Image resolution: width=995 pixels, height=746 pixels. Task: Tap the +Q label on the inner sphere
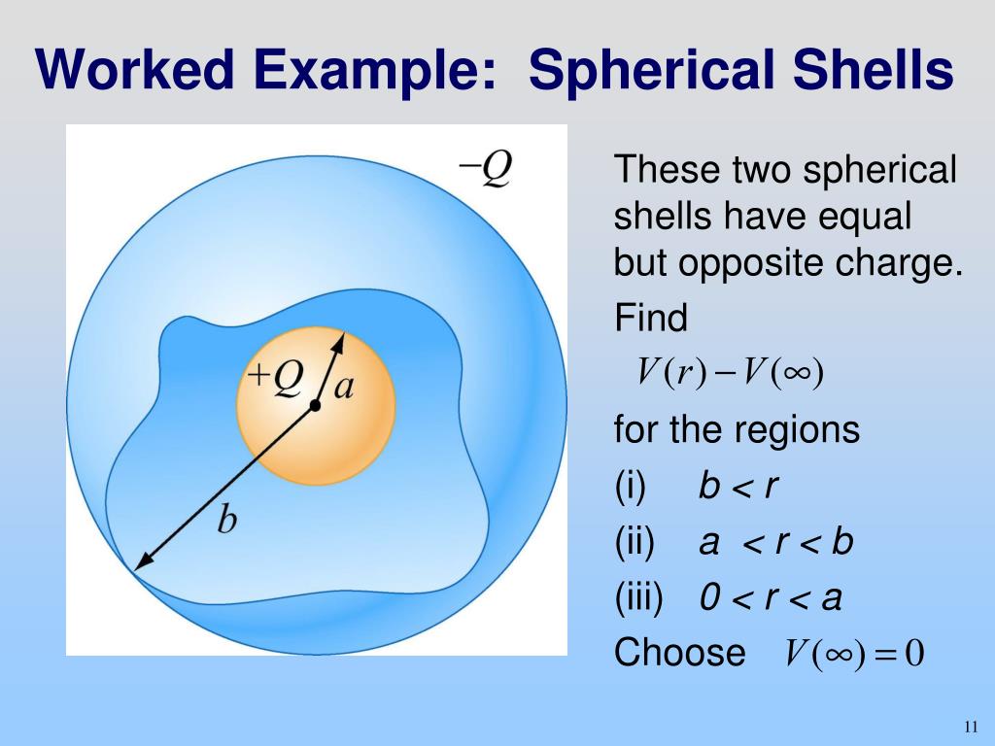pos(274,377)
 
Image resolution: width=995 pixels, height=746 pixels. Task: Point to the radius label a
pos(344,388)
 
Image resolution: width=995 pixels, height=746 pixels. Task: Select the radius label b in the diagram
pos(226,522)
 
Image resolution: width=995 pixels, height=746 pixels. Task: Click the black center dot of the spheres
pos(315,405)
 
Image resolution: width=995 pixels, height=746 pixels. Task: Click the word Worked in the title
pos(132,72)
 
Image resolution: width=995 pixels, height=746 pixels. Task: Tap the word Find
pos(650,318)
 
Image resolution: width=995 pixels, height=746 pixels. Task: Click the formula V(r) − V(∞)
pos(730,371)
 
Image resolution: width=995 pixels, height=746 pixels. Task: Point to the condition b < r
pos(738,486)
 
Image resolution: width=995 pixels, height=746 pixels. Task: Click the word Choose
pos(679,653)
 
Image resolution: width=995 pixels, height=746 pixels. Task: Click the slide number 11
pos(970,728)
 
